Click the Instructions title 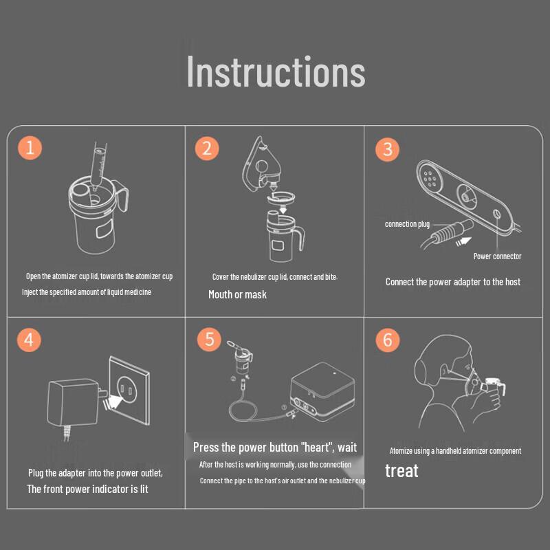276,71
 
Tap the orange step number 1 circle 30,148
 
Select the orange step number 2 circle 207,148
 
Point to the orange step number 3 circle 387,149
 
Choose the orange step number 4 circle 29,340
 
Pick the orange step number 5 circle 209,340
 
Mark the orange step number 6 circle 388,340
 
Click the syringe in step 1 98,165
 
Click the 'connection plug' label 407,224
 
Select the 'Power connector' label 497,256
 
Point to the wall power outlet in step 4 129,390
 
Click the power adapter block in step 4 73,403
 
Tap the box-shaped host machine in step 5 322,392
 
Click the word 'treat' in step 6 401,471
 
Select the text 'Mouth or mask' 237,295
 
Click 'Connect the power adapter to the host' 453,282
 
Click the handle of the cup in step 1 123,200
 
